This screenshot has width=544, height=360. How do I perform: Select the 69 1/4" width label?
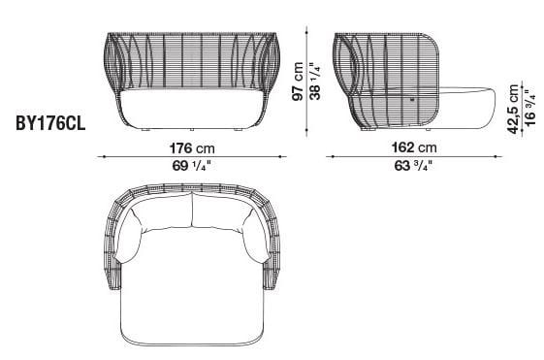pos(190,166)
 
